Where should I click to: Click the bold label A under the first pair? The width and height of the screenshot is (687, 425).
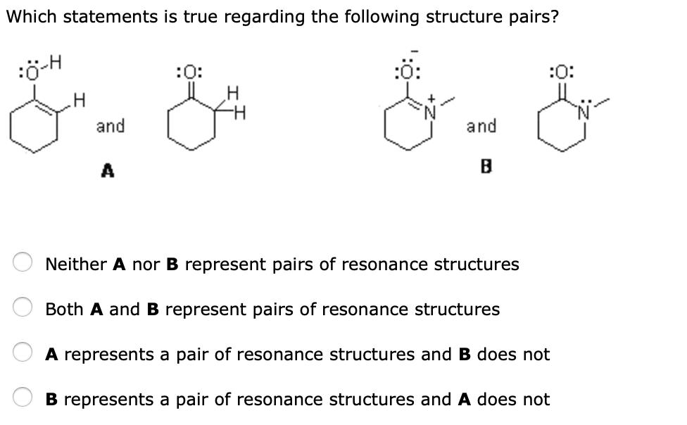(108, 170)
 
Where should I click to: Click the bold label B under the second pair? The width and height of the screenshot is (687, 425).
(484, 167)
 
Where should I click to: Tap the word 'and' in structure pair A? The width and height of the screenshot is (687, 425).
(111, 127)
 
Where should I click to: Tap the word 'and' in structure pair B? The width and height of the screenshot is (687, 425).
(481, 127)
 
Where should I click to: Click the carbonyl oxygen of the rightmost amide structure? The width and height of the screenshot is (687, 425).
(565, 72)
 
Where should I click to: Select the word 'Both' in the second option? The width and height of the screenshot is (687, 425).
(65, 310)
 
